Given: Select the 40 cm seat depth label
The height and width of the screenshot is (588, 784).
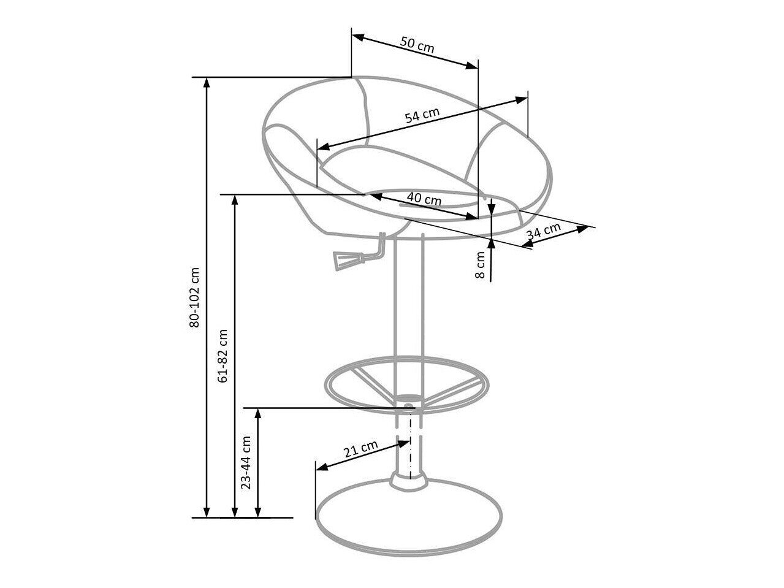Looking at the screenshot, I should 424,199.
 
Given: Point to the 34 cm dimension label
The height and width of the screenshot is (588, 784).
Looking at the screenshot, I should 544,232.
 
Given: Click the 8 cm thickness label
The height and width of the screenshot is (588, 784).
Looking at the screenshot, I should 481,265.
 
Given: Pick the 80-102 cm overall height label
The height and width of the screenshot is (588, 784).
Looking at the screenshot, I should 194,297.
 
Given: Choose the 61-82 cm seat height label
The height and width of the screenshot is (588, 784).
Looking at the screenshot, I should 223,356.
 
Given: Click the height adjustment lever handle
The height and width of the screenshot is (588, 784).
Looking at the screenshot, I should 341,259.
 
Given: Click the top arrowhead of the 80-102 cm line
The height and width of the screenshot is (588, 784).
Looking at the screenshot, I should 207,83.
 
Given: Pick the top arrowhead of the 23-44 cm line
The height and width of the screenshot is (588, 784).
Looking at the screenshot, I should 258,412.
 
